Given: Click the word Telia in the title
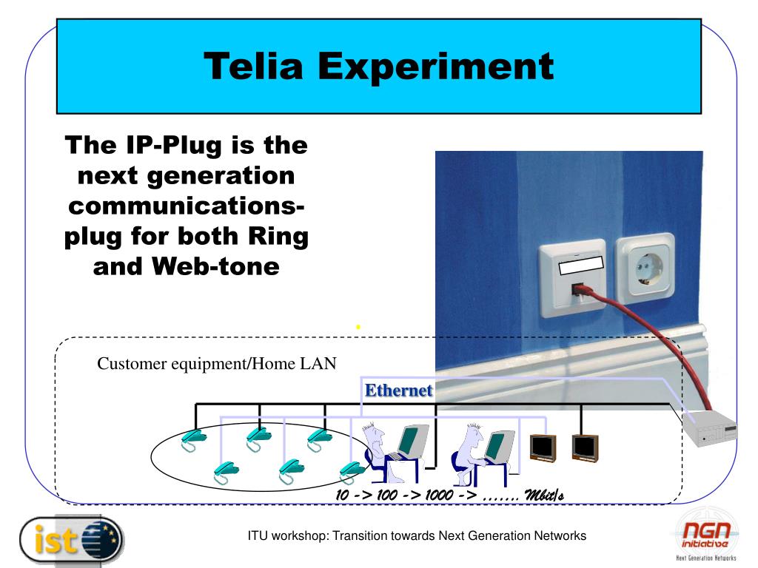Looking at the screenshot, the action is tap(253, 66).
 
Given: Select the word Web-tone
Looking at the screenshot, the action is tap(215, 266).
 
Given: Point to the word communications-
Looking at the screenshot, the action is tap(186, 206).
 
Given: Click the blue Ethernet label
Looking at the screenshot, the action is tap(398, 390).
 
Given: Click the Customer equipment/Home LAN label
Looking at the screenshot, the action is tap(217, 363).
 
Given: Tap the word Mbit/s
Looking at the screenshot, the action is tap(544, 495).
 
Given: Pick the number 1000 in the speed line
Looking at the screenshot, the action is tap(439, 495).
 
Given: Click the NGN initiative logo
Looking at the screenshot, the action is tap(706, 535).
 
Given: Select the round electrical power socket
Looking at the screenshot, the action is tap(645, 268).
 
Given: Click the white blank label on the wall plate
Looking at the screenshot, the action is tap(581, 266).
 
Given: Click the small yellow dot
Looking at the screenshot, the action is tap(358, 327).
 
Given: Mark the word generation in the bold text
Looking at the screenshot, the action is tap(221, 177).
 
